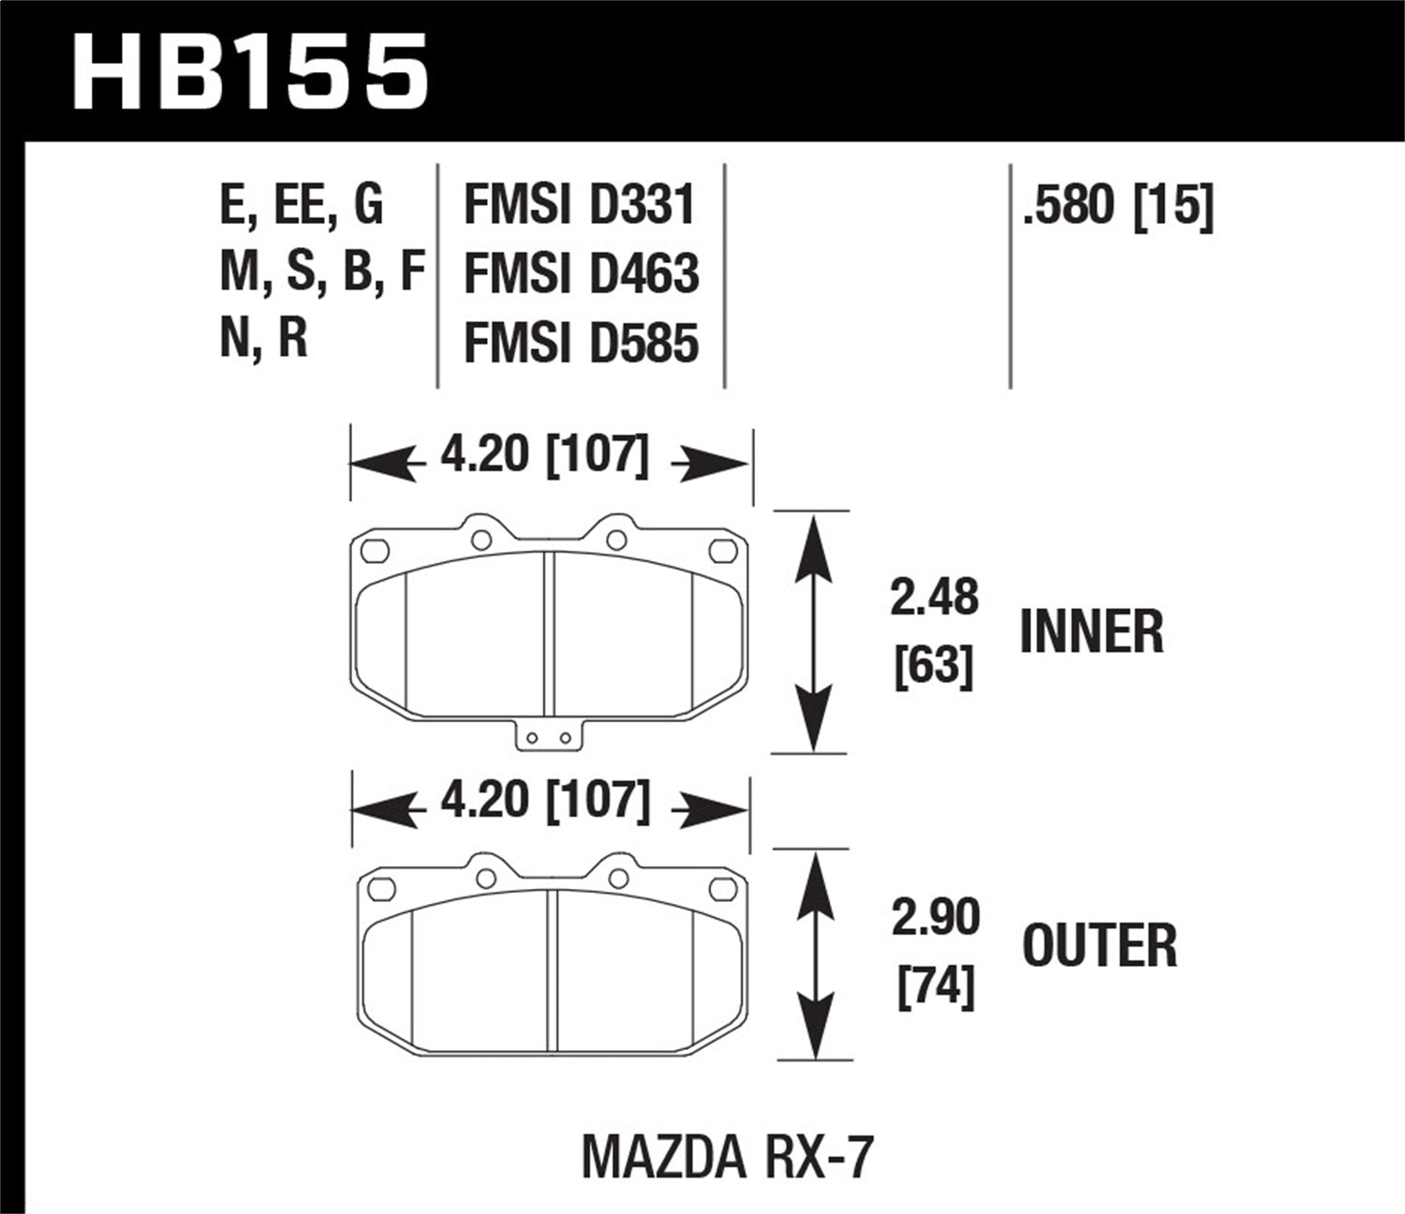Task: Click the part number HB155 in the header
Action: tap(251, 70)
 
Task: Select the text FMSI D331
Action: tap(580, 205)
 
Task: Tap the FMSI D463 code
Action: tap(581, 274)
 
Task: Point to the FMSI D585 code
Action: tap(581, 342)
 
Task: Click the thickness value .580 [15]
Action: tap(1117, 204)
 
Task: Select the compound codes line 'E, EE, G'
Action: tap(301, 204)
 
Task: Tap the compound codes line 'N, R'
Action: tap(263, 338)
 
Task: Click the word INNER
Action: tap(1091, 632)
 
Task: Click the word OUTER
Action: tap(1100, 945)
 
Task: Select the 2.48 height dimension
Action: tap(934, 597)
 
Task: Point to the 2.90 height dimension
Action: tap(935, 917)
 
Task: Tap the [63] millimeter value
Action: tap(934, 667)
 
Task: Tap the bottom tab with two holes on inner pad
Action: tap(549, 736)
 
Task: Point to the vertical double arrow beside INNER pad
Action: tap(813, 632)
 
